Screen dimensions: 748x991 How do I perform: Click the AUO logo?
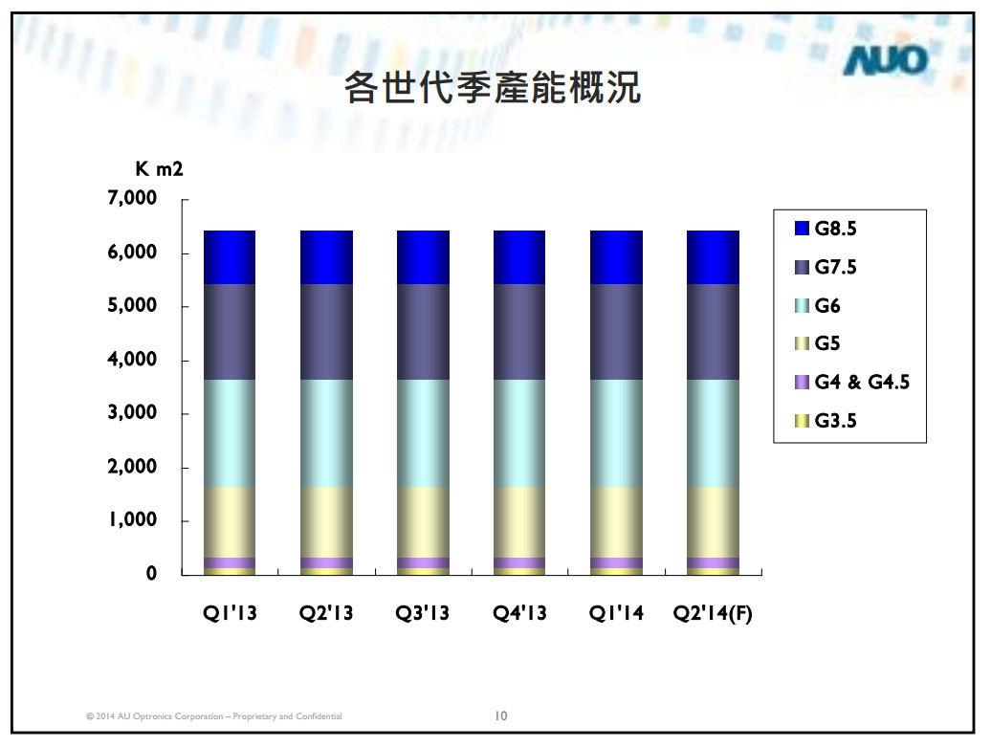coord(885,62)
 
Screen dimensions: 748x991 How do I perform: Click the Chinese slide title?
coord(492,89)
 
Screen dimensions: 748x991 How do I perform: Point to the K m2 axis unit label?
coord(158,170)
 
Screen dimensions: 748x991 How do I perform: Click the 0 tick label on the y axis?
coord(151,574)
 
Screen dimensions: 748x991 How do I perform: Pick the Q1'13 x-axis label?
coord(230,613)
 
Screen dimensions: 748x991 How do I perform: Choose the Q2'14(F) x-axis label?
coord(713,613)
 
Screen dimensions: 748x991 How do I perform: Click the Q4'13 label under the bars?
coord(519,613)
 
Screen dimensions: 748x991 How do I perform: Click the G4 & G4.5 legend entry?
coord(851,382)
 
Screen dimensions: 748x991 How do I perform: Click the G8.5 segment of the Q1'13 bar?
coord(230,257)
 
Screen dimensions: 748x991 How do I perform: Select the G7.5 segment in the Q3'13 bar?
coord(423,332)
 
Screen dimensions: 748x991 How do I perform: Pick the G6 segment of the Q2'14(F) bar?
coord(713,433)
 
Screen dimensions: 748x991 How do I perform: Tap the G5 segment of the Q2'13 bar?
coord(326,522)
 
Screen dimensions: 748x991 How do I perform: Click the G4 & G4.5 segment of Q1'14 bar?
coord(616,562)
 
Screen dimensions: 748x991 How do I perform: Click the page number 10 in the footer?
coord(500,715)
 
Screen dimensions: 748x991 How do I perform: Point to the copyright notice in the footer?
coord(213,716)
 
